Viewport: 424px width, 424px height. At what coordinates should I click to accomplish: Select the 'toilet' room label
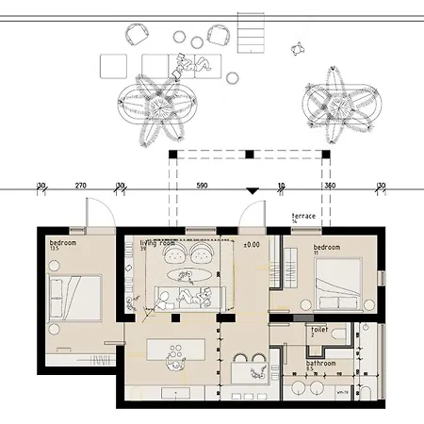point(321,330)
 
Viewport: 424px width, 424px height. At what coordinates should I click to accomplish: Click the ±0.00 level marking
point(252,245)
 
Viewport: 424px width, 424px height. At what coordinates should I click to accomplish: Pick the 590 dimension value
point(200,186)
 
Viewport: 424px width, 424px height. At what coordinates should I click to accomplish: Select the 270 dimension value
point(80,186)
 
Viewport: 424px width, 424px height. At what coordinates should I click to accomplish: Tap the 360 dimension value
point(329,186)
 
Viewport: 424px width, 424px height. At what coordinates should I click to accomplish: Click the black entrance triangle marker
point(251,191)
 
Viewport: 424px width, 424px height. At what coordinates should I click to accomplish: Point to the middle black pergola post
point(248,154)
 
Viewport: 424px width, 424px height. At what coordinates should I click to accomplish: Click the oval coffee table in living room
point(183,276)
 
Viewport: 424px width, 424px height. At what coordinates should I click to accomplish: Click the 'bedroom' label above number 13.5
point(64,242)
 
